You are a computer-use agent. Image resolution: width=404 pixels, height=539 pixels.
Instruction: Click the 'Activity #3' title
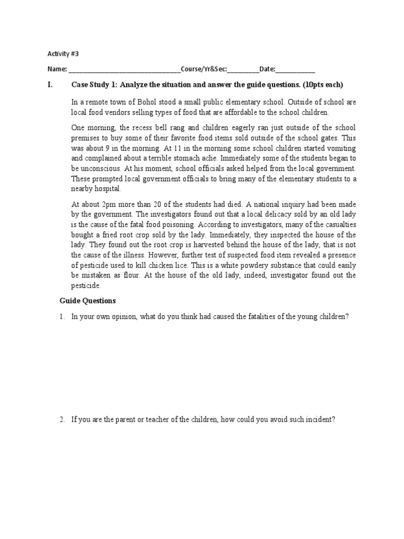pyautogui.click(x=63, y=53)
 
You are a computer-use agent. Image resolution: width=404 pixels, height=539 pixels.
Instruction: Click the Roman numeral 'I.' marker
pyautogui.click(x=50, y=85)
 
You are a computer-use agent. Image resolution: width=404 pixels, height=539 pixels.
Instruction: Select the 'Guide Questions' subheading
pyautogui.click(x=87, y=301)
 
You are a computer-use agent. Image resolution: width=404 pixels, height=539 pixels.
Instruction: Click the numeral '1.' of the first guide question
pyautogui.click(x=62, y=316)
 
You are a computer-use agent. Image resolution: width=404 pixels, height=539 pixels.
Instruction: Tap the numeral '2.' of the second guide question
pyautogui.click(x=62, y=420)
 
